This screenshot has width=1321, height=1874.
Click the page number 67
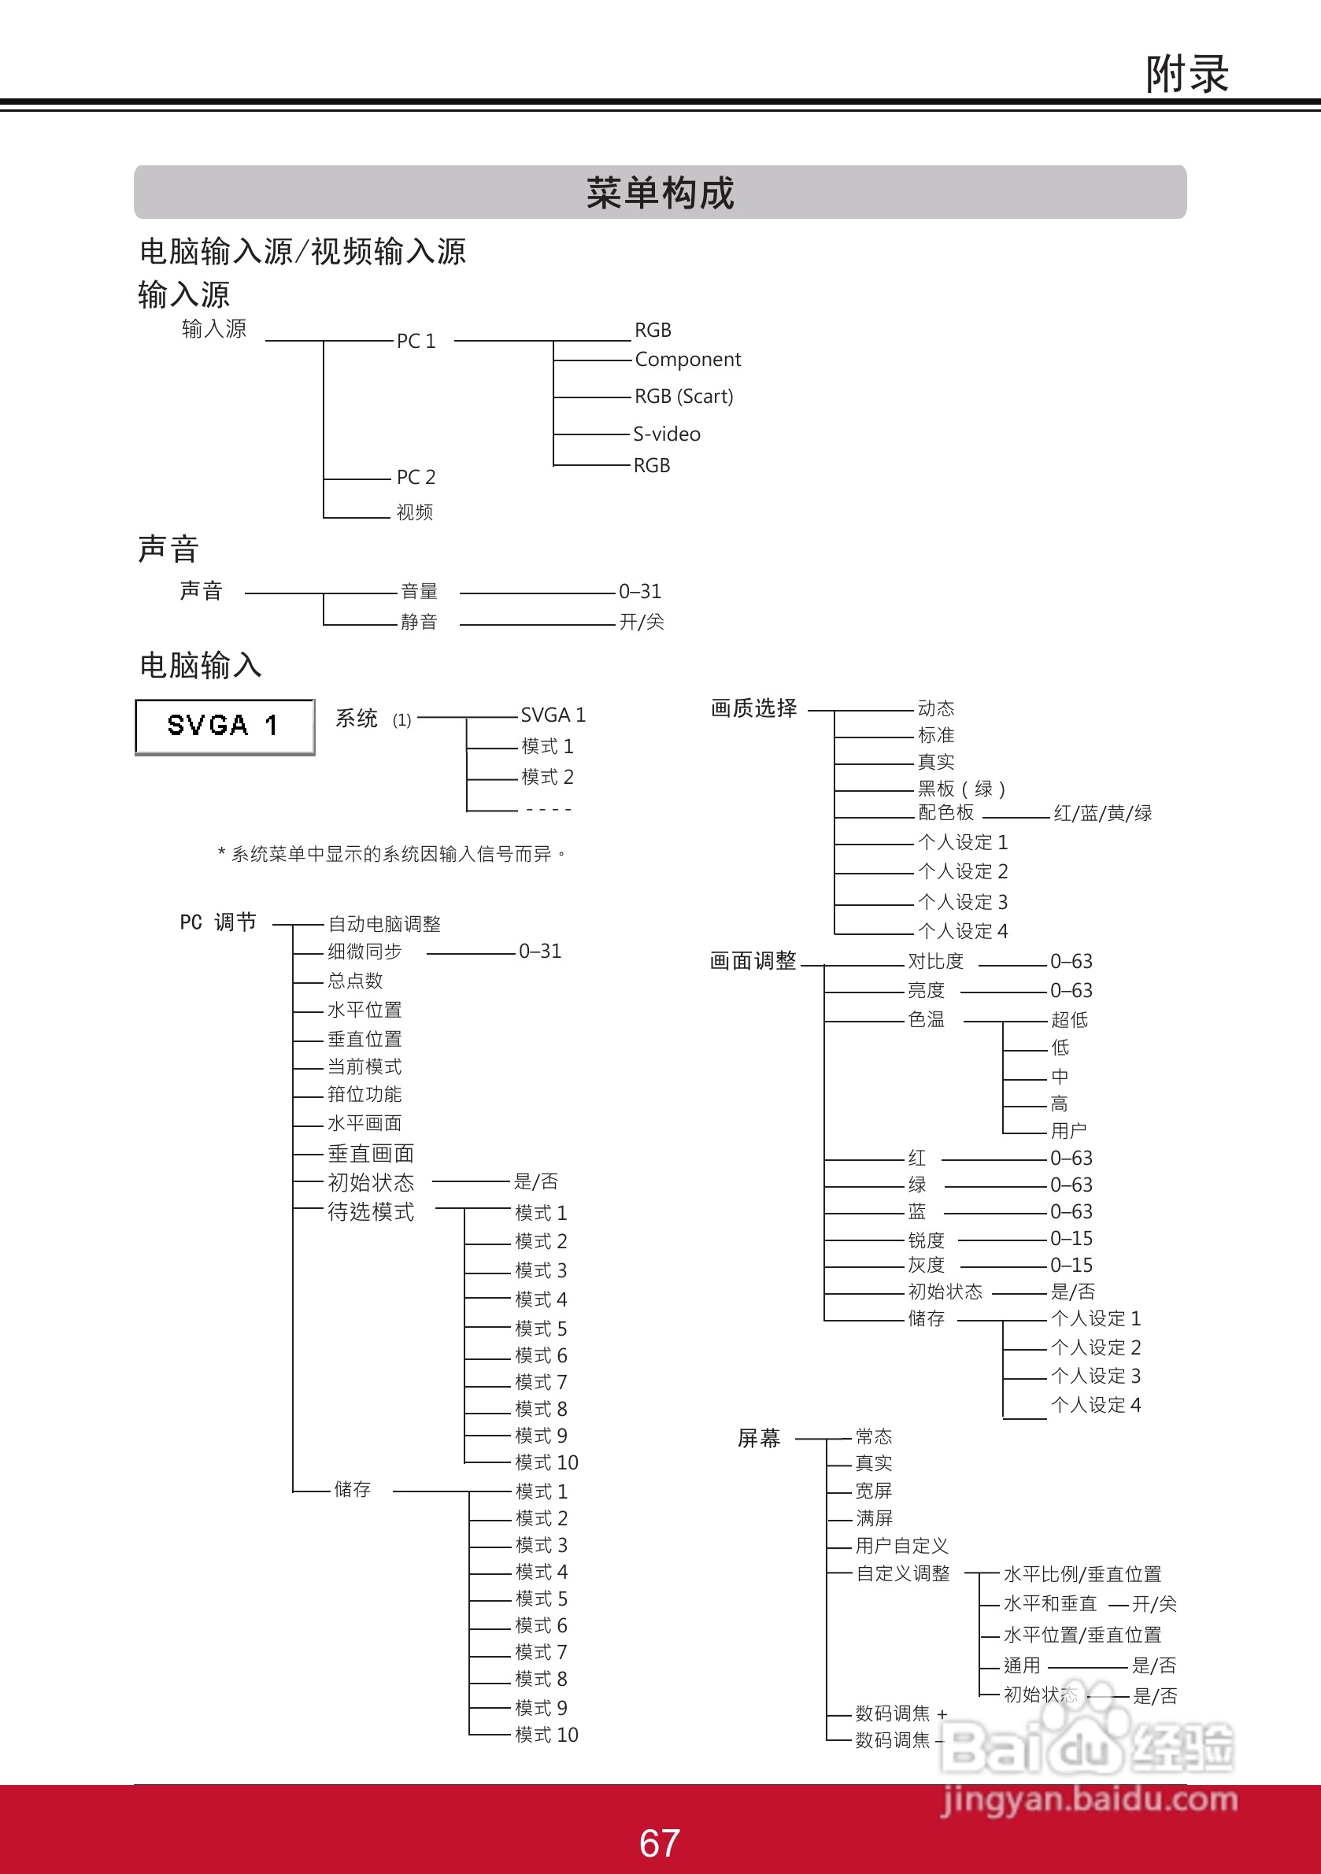659,1843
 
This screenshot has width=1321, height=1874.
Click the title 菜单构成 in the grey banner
660,194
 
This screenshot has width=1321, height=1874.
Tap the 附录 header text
1186,74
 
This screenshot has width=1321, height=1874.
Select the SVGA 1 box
224,726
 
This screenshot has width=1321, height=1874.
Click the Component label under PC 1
687,359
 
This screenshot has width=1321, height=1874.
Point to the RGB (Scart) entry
683,397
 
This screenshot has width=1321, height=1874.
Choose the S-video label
666,434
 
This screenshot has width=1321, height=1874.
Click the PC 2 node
416,477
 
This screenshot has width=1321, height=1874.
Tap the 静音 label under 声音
419,622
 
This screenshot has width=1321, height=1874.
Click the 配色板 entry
945,813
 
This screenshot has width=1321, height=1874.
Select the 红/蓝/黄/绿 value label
1102,813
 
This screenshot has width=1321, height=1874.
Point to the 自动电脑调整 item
383,924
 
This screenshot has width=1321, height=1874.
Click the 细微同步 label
364,952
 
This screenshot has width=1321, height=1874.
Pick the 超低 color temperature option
1069,1019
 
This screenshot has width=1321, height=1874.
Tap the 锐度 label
926,1240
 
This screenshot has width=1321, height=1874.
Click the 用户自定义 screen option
901,1546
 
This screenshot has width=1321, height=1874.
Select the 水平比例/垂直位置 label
1082,1574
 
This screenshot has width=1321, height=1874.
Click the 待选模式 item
371,1212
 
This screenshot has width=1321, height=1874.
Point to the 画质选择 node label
753,708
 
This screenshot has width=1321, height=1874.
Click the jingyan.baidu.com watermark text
1088,1800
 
